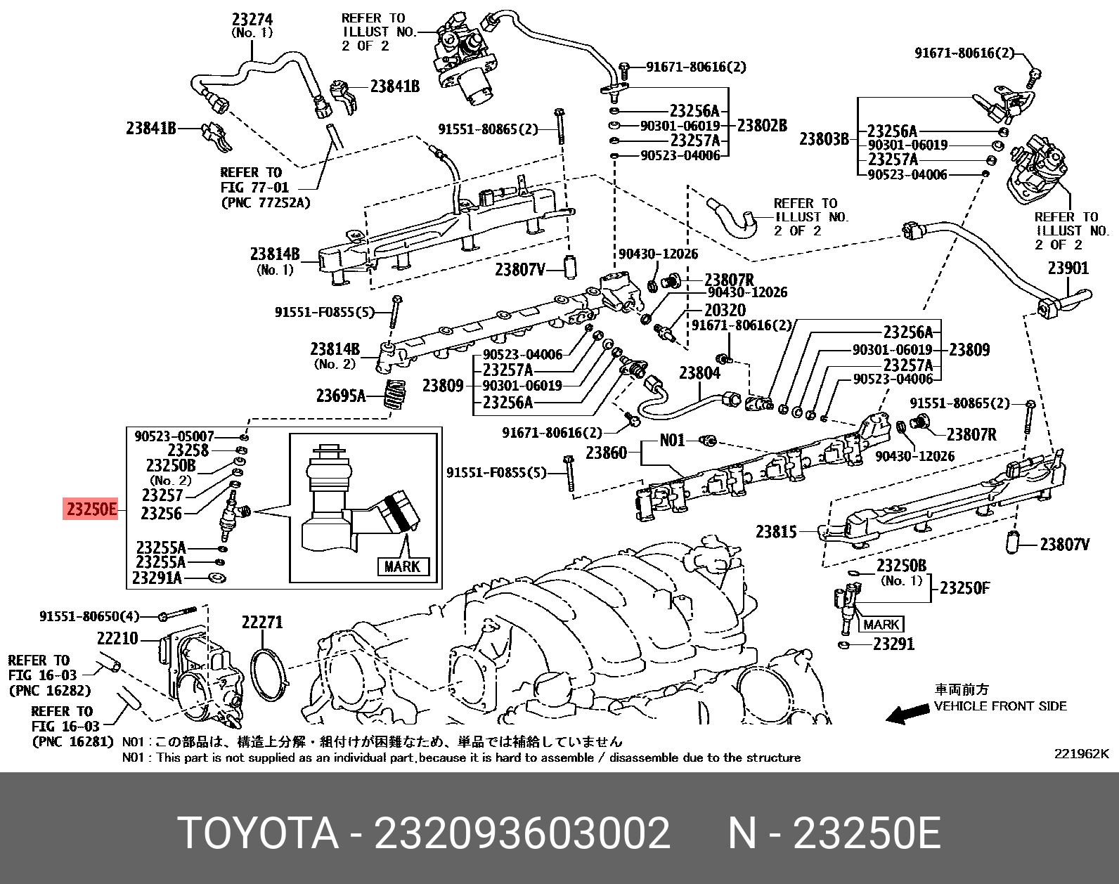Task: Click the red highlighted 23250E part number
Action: pyautogui.click(x=91, y=509)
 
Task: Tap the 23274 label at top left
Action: pyautogui.click(x=251, y=20)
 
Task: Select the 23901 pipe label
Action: pyautogui.click(x=1068, y=268)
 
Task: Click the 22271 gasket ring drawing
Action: pyautogui.click(x=269, y=675)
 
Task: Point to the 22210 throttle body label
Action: pyautogui.click(x=117, y=639)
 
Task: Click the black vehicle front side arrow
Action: pyautogui.click(x=905, y=715)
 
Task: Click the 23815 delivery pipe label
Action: pyautogui.click(x=776, y=532)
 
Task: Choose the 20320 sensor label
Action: pyautogui.click(x=725, y=310)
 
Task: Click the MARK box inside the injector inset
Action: pyautogui.click(x=402, y=566)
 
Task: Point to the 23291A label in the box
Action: pyautogui.click(x=157, y=578)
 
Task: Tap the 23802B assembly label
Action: pyautogui.click(x=761, y=126)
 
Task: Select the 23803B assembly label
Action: pyautogui.click(x=824, y=138)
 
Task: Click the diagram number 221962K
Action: pyautogui.click(x=1080, y=754)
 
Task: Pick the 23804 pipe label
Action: pyautogui.click(x=699, y=372)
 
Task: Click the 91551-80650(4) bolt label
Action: pyautogui.click(x=89, y=616)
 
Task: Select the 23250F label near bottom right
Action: pyautogui.click(x=964, y=588)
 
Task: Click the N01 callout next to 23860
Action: pyautogui.click(x=672, y=441)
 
